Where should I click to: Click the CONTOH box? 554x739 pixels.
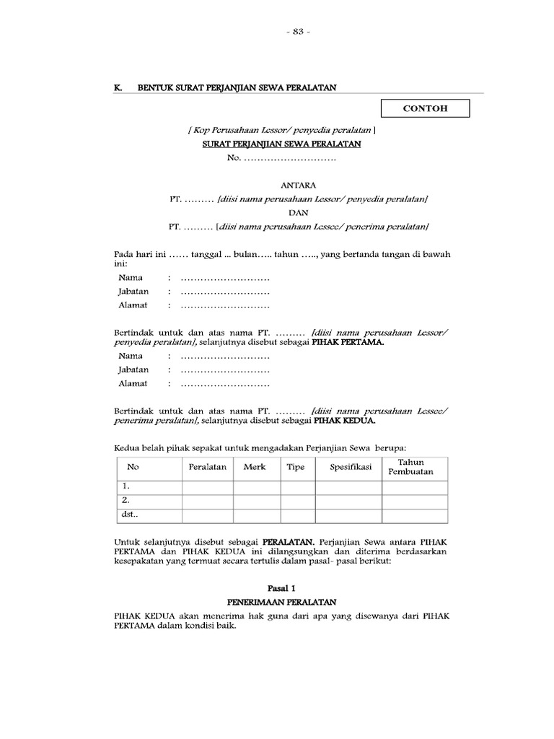click(425, 108)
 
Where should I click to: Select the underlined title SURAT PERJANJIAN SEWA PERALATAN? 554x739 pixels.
click(281, 144)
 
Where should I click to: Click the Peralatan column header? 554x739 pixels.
click(208, 467)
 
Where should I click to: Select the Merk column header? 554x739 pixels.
click(255, 467)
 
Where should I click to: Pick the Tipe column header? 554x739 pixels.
click(296, 467)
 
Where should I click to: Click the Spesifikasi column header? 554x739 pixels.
click(351, 467)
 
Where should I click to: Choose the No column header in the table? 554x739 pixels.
click(133, 467)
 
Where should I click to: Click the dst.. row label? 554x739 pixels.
click(129, 514)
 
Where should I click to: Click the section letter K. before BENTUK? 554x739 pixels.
click(118, 87)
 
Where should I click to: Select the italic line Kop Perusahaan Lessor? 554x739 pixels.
click(281, 130)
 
